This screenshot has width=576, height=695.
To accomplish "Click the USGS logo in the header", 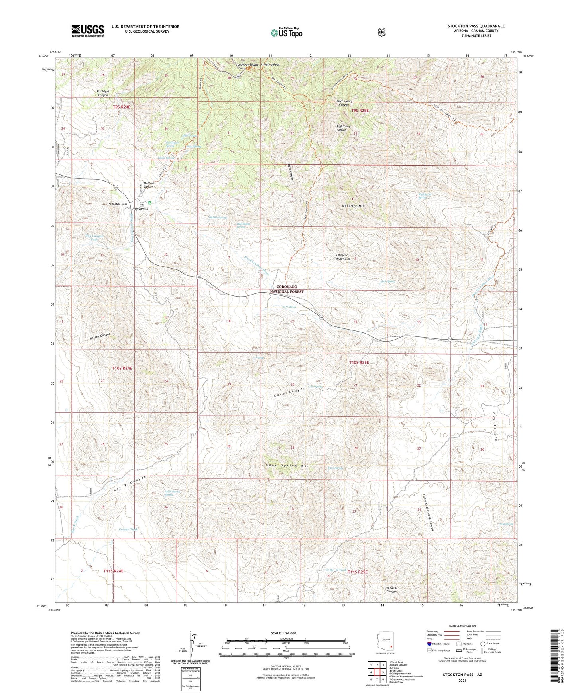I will (88, 30).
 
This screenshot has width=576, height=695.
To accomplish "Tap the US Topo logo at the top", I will (286, 33).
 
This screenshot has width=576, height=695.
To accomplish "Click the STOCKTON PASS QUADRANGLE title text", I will (476, 26).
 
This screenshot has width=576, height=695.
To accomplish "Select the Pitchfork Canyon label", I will (103, 94).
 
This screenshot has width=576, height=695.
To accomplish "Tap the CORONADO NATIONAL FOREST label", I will (290, 289).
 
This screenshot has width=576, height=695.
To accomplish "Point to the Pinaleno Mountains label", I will (343, 256).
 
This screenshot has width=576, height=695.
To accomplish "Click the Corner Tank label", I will (128, 529).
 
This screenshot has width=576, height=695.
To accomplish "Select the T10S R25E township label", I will (359, 363).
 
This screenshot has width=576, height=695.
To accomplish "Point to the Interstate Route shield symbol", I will (429, 644).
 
